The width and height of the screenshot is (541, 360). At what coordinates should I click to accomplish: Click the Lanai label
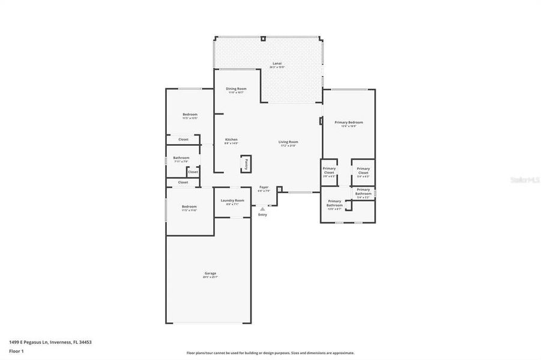(277, 63)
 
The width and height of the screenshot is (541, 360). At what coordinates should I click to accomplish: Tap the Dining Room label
(235, 89)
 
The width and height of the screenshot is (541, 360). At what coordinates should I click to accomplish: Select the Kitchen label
(231, 140)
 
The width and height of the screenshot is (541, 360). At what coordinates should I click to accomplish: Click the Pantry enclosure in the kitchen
(246, 164)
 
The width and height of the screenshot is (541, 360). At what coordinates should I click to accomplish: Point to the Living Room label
(288, 143)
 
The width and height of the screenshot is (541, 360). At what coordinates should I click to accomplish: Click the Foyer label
(264, 188)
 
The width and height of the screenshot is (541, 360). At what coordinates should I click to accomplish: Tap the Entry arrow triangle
(262, 209)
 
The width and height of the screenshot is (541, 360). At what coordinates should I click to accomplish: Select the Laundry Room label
(232, 201)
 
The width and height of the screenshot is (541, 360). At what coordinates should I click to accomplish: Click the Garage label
(210, 274)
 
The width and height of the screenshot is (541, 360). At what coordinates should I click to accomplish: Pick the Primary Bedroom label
(349, 123)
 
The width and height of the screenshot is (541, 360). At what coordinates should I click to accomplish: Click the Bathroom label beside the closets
(181, 158)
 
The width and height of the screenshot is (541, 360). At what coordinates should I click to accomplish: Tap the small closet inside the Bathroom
(193, 172)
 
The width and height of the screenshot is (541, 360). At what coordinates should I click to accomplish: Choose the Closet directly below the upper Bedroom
(183, 139)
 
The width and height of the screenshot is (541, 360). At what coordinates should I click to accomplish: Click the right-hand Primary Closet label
(363, 171)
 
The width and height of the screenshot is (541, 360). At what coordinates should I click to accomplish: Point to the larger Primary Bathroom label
(334, 204)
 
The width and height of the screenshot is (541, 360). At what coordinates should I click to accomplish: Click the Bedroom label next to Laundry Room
(189, 207)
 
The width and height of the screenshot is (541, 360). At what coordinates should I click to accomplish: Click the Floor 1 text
(16, 350)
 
